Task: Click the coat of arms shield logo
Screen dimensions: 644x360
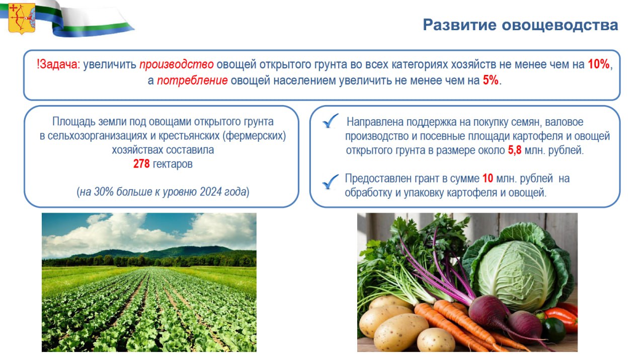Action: pos(22,19)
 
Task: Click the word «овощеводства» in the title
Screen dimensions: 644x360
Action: pos(560,25)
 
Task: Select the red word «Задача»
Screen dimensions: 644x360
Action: pos(59,64)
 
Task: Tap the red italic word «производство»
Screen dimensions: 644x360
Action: pos(177,64)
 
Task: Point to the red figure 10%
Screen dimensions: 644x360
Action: pos(599,64)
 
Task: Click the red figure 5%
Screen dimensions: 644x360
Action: pos(491,80)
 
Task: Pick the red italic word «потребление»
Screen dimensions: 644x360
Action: pos(192,80)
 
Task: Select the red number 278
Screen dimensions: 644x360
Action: pos(141,164)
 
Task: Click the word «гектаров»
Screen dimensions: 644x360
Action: pos(173,164)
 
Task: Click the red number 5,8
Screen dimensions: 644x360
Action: pos(514,150)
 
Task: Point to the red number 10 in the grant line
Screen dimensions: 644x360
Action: pos(488,178)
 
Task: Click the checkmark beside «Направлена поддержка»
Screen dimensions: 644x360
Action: pos(331,121)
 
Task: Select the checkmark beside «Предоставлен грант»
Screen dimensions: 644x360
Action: pos(331,182)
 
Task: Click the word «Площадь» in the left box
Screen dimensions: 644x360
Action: pos(74,122)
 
